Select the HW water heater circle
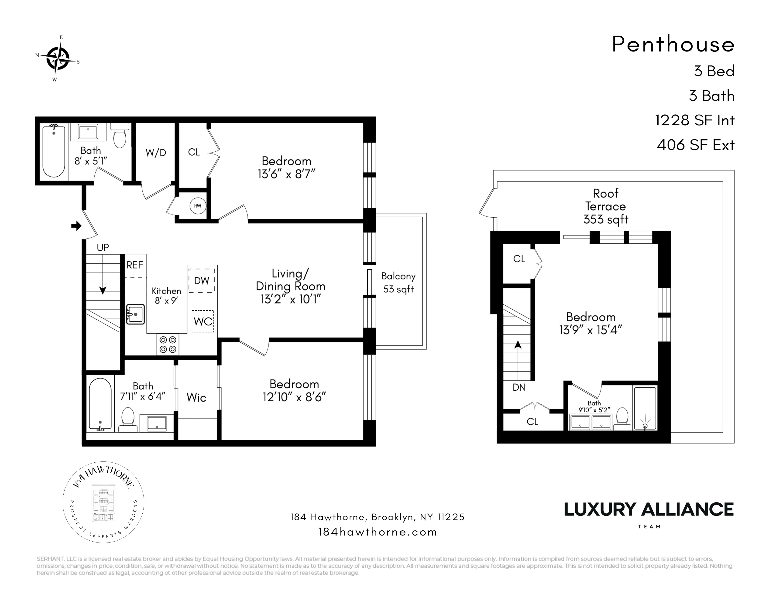(x=198, y=206)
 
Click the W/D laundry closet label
(x=156, y=153)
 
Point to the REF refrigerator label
(x=135, y=265)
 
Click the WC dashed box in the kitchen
(x=203, y=321)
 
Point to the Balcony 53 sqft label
(x=398, y=283)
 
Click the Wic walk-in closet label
(x=196, y=398)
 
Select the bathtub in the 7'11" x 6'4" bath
(x=100, y=405)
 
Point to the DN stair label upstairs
(x=519, y=387)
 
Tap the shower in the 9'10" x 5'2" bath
(x=645, y=408)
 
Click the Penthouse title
(x=673, y=45)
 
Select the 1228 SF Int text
(x=694, y=120)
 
